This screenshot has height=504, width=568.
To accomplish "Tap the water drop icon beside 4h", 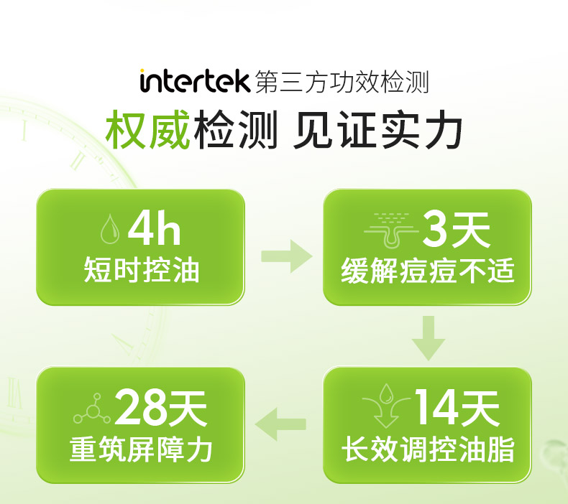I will click(x=109, y=230).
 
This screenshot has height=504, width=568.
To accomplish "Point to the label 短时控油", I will click(x=142, y=271).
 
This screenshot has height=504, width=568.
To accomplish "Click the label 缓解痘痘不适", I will click(x=428, y=271).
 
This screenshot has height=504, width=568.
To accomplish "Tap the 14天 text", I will click(x=456, y=409).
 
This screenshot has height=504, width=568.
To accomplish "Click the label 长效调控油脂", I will click(x=428, y=450).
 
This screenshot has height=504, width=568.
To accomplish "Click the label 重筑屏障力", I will click(x=142, y=450).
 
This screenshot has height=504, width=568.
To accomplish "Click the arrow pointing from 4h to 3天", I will click(x=286, y=256).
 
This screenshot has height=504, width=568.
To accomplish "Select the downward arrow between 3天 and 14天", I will click(x=429, y=337).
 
